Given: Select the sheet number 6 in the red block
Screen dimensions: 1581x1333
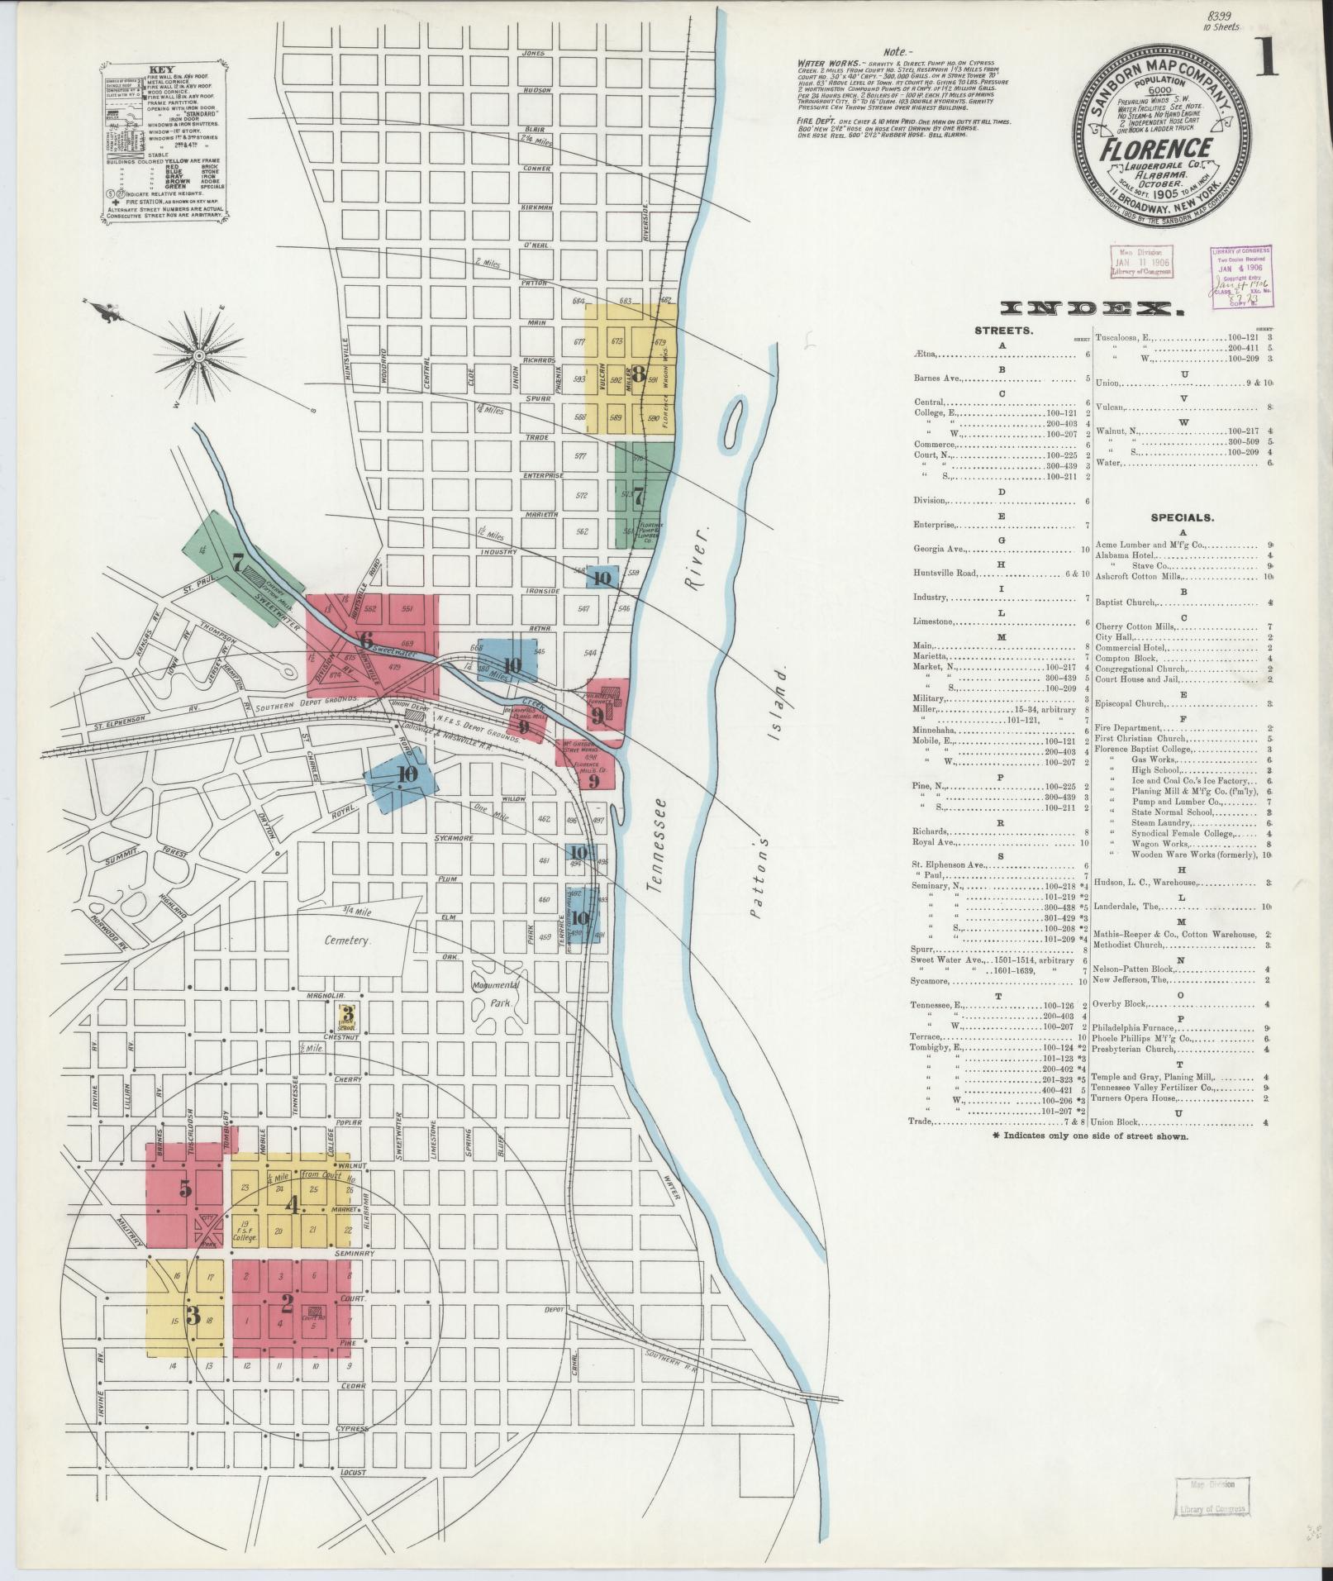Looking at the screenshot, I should (366, 639).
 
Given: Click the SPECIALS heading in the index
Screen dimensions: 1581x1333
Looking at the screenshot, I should (1183, 518).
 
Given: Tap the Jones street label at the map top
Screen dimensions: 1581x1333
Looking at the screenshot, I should (534, 53).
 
